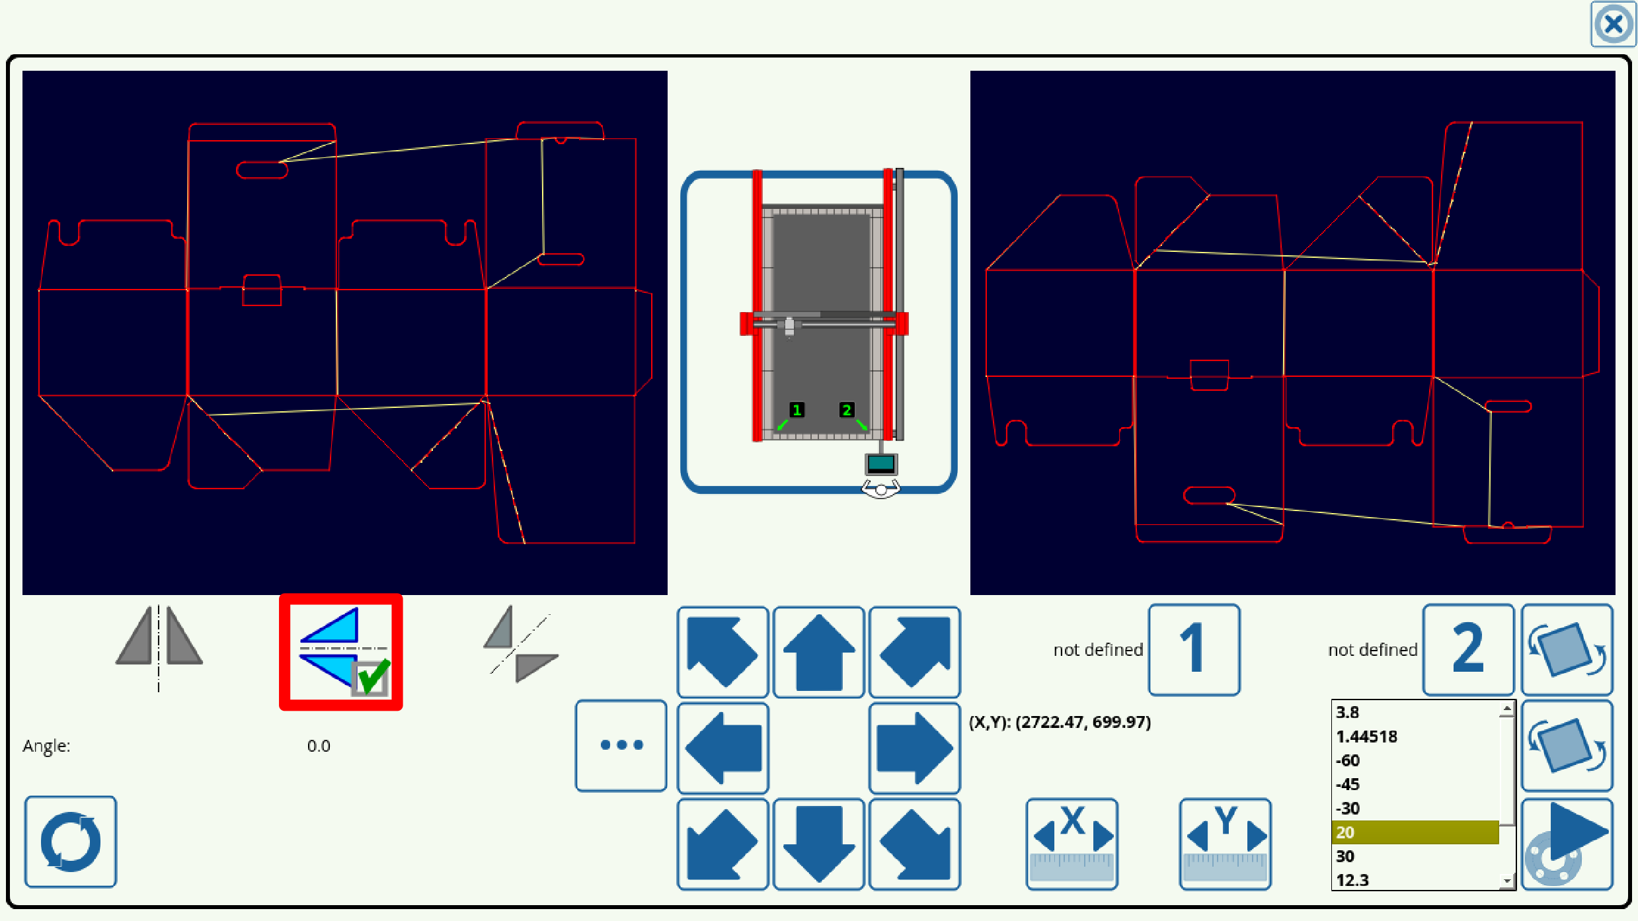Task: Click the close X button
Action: (1612, 25)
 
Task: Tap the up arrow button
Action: (818, 652)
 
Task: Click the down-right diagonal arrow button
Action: (914, 844)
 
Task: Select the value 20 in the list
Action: (1415, 832)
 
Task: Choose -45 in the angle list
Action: (1415, 784)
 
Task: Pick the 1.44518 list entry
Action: (1415, 737)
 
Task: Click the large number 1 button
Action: (1193, 649)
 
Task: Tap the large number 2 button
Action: (1467, 649)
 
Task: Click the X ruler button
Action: (1072, 844)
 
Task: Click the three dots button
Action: (621, 745)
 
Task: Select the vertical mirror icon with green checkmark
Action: (341, 652)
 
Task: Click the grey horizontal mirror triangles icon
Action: (159, 645)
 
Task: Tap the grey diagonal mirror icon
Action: (520, 645)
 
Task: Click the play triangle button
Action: (1567, 844)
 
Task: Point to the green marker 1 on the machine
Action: (797, 410)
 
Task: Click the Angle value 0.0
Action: (319, 746)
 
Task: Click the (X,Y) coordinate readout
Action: (1060, 722)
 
